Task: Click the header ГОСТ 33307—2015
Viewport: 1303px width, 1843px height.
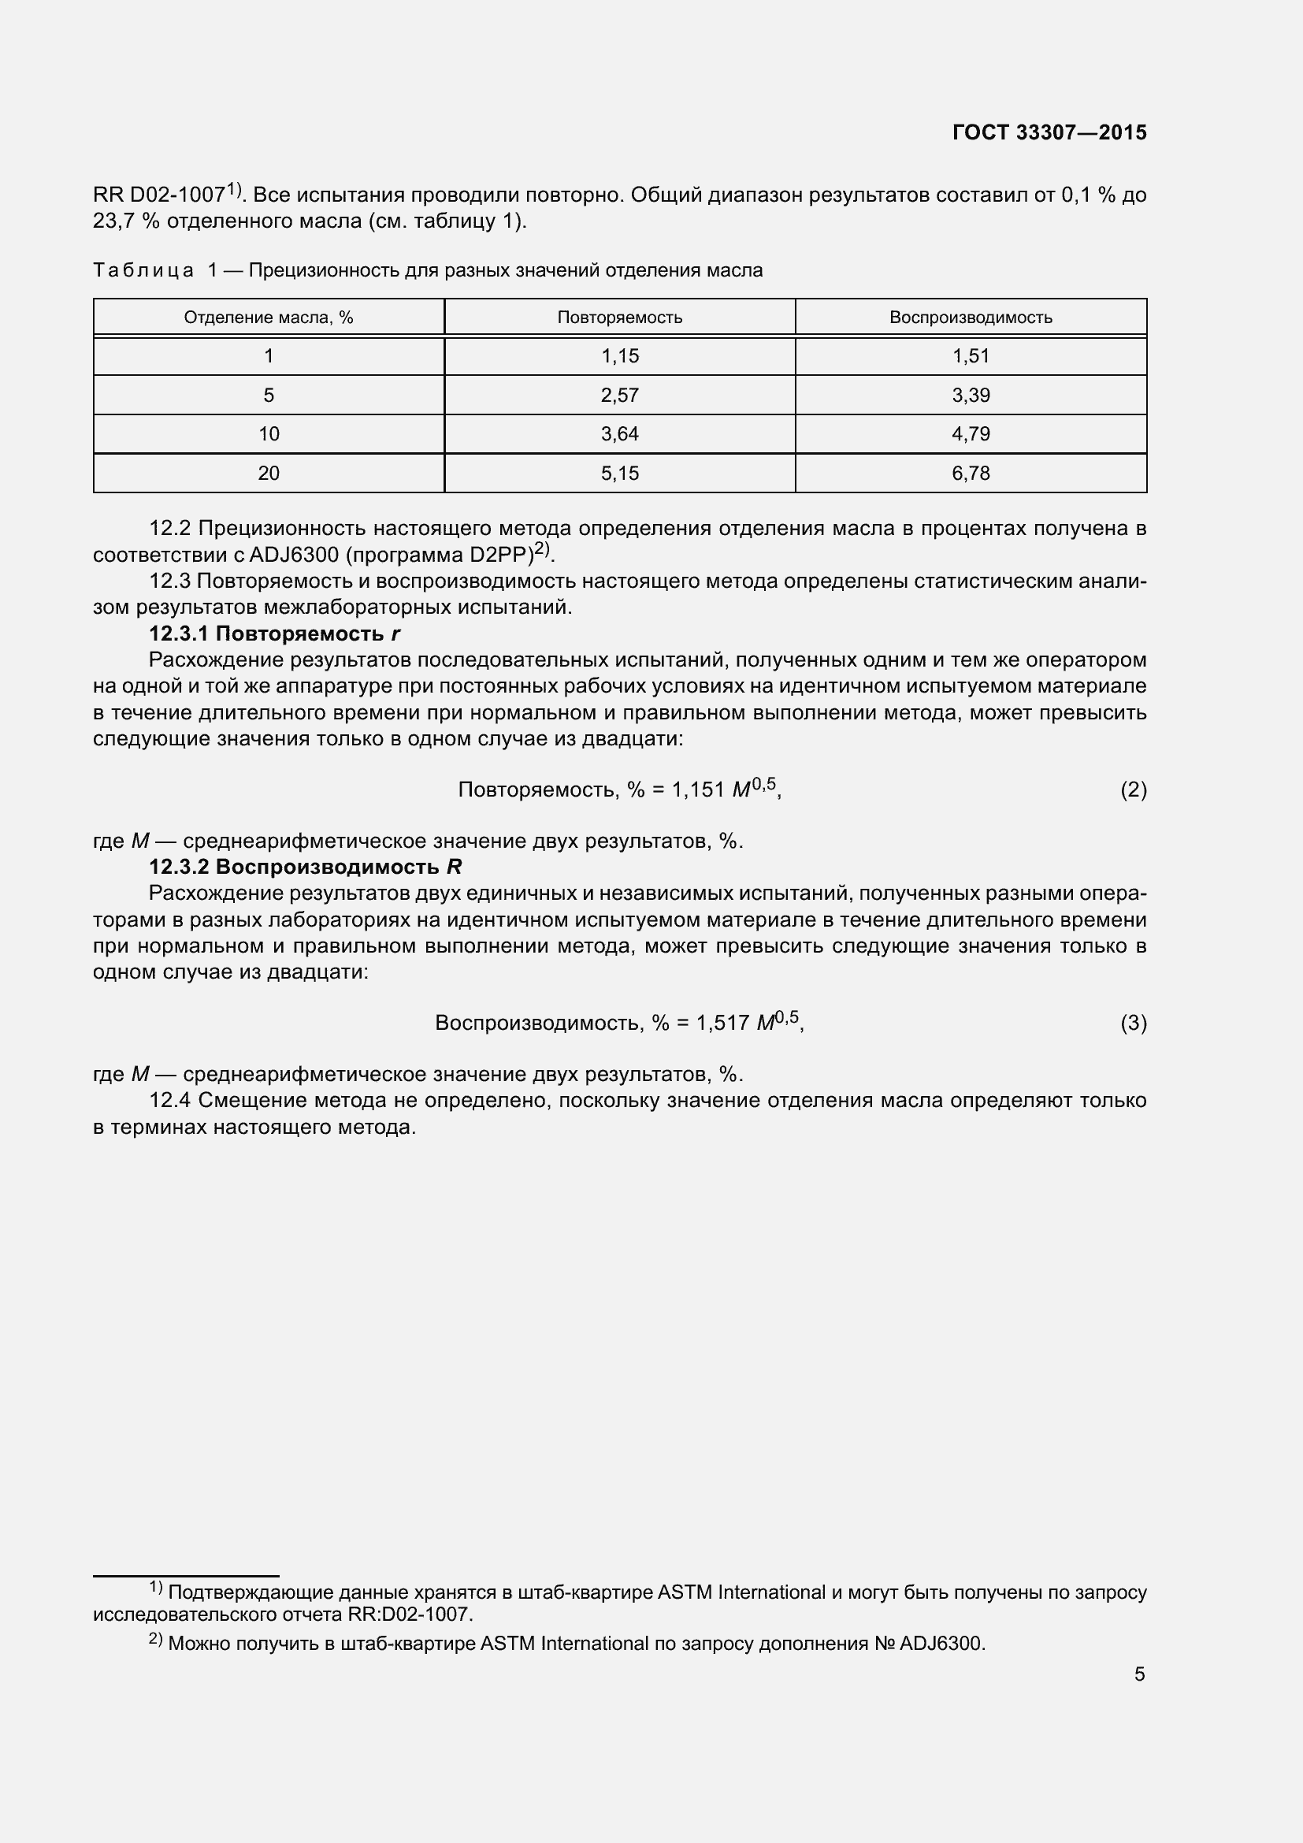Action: click(x=1049, y=132)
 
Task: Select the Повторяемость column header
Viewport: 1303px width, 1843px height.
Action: click(x=619, y=317)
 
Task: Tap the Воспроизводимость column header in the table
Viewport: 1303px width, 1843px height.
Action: click(x=970, y=317)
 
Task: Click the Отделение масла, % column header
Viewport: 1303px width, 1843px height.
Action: click(x=269, y=317)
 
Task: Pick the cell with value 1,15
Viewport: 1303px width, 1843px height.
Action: click(x=619, y=355)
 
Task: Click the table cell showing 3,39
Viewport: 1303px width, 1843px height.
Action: click(x=970, y=395)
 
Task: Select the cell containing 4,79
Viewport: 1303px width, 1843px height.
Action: click(x=970, y=434)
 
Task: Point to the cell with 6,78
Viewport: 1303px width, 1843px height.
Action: click(x=970, y=474)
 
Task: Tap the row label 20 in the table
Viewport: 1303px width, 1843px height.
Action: click(x=269, y=474)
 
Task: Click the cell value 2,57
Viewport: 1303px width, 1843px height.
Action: click(x=619, y=395)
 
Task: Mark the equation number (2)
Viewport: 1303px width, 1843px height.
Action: click(x=1133, y=790)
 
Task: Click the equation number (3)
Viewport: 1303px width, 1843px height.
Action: click(x=1133, y=1024)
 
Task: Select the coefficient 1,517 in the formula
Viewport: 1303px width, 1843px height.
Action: click(x=723, y=1024)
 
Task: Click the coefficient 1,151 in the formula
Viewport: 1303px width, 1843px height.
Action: click(x=698, y=790)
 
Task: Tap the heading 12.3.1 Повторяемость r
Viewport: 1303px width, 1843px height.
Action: click(x=274, y=634)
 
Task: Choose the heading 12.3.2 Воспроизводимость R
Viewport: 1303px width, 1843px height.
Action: click(x=305, y=867)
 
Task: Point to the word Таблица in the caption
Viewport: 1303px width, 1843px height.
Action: click(x=143, y=270)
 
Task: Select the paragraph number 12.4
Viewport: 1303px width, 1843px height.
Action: click(x=169, y=1101)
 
